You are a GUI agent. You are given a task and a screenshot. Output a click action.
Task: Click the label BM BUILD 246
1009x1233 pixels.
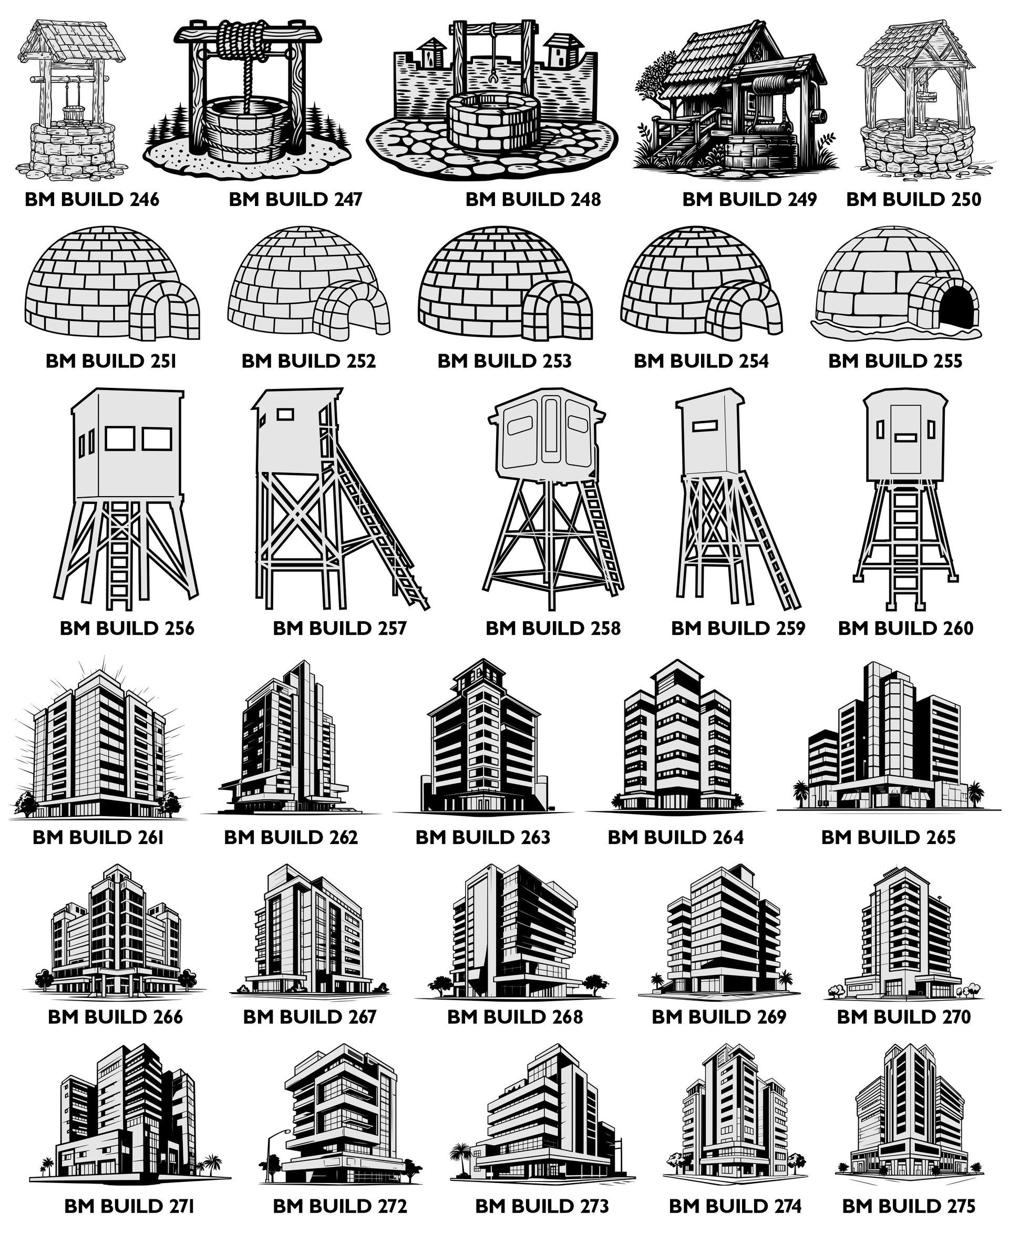[92, 199]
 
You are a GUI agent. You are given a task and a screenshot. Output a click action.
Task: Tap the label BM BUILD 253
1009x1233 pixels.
[504, 361]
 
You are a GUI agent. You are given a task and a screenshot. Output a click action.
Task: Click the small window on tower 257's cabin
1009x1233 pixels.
[285, 414]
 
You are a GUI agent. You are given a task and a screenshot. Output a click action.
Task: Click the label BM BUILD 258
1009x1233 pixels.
[553, 628]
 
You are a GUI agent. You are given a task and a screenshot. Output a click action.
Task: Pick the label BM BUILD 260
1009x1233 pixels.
[905, 628]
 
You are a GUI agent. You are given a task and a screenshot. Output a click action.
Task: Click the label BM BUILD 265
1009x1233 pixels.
[888, 837]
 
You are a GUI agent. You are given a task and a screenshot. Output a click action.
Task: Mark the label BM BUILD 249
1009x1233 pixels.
[750, 199]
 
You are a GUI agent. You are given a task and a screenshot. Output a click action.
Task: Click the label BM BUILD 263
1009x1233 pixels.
[482, 837]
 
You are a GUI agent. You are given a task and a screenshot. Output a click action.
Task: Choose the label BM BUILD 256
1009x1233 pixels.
[127, 628]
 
